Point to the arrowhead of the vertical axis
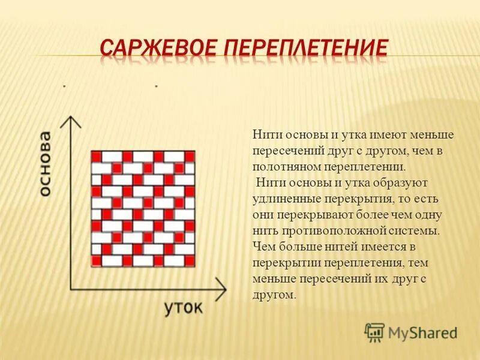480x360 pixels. pos(71,119)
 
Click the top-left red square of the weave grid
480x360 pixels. pos(96,156)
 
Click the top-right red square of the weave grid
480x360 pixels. pos(190,156)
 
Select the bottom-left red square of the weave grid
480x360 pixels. pos(96,260)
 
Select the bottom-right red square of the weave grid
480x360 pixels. pos(190,260)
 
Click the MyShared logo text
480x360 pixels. pos(422,332)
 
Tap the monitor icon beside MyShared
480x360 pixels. pos(374,332)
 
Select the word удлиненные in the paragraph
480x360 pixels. pos(279,197)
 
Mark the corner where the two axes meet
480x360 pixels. pos(72,287)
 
